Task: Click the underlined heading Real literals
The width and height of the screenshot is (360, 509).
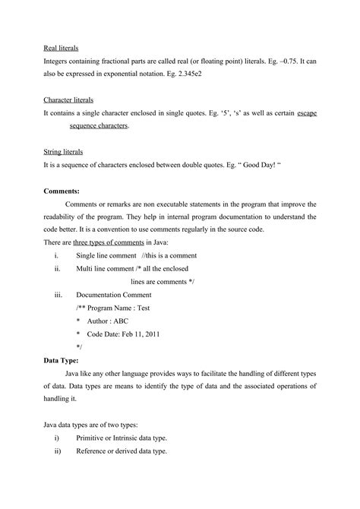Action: (62, 48)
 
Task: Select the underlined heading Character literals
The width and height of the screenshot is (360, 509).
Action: (68, 100)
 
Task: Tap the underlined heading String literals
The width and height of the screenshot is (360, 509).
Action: (63, 152)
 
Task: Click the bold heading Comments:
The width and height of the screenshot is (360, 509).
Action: (62, 191)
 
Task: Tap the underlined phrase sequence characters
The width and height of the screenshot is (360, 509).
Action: (98, 126)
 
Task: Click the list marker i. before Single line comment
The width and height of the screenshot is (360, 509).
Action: (56, 255)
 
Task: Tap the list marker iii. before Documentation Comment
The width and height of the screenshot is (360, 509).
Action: (58, 295)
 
